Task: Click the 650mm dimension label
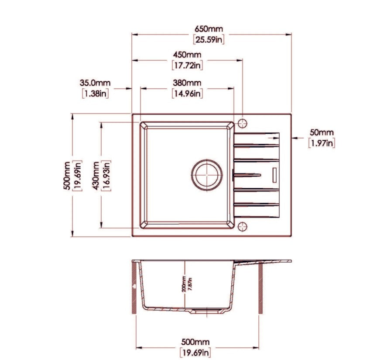click(209, 29)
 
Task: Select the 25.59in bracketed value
click(209, 39)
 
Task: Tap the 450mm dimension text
click(187, 55)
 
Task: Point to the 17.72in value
click(187, 65)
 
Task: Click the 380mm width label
click(187, 83)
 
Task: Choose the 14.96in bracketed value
click(187, 93)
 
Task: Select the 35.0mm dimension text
click(95, 83)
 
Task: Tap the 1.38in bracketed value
click(95, 93)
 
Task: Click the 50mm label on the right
click(322, 132)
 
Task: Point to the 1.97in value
click(322, 143)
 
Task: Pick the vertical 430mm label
click(96, 176)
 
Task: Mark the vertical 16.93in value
click(106, 176)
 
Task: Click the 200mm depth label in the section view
click(184, 284)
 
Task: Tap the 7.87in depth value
click(190, 284)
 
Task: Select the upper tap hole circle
click(242, 123)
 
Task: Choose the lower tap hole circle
click(242, 227)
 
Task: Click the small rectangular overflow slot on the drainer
click(274, 175)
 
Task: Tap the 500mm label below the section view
click(195, 342)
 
